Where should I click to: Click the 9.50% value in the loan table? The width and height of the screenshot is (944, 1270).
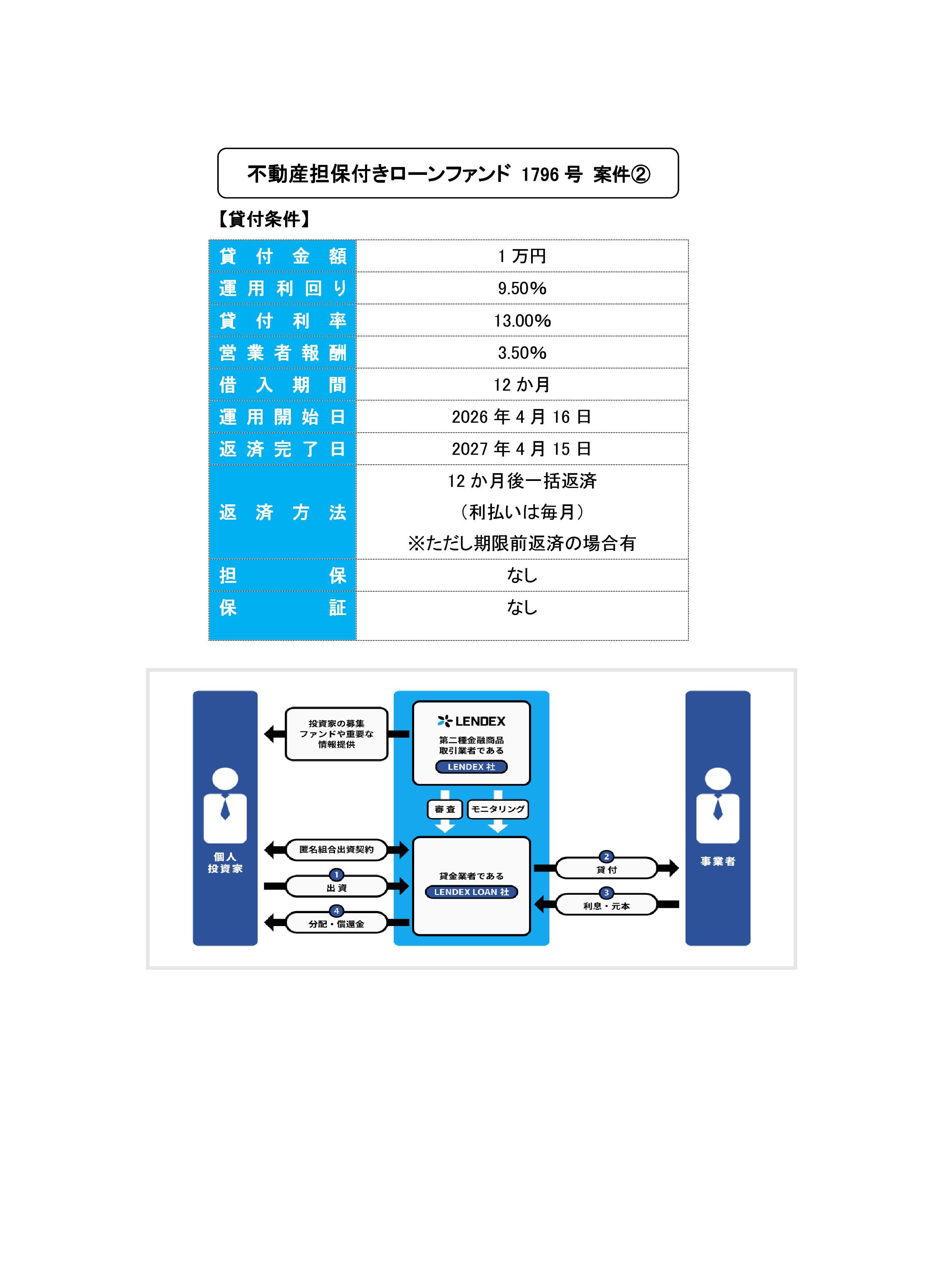pos(522,288)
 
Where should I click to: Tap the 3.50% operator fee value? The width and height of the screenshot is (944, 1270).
pos(522,353)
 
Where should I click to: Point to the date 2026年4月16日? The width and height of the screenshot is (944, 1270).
pos(521,417)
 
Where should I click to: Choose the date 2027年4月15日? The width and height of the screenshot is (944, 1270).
pos(521,449)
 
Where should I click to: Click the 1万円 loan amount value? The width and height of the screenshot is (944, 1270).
pos(522,256)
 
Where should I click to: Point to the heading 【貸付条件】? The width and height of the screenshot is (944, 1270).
pos(264,219)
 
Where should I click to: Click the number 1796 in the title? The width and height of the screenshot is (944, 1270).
pos(539,174)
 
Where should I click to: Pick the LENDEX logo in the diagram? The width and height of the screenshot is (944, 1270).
pos(472,721)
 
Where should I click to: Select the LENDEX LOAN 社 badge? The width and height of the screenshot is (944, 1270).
pos(472,891)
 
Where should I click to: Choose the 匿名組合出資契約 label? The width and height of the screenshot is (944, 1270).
pos(337,849)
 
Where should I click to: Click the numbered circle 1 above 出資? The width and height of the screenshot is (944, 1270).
pos(337,874)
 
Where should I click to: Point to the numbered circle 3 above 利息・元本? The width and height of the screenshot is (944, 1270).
pos(606,893)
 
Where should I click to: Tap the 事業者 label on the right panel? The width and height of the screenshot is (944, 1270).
pos(718,862)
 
